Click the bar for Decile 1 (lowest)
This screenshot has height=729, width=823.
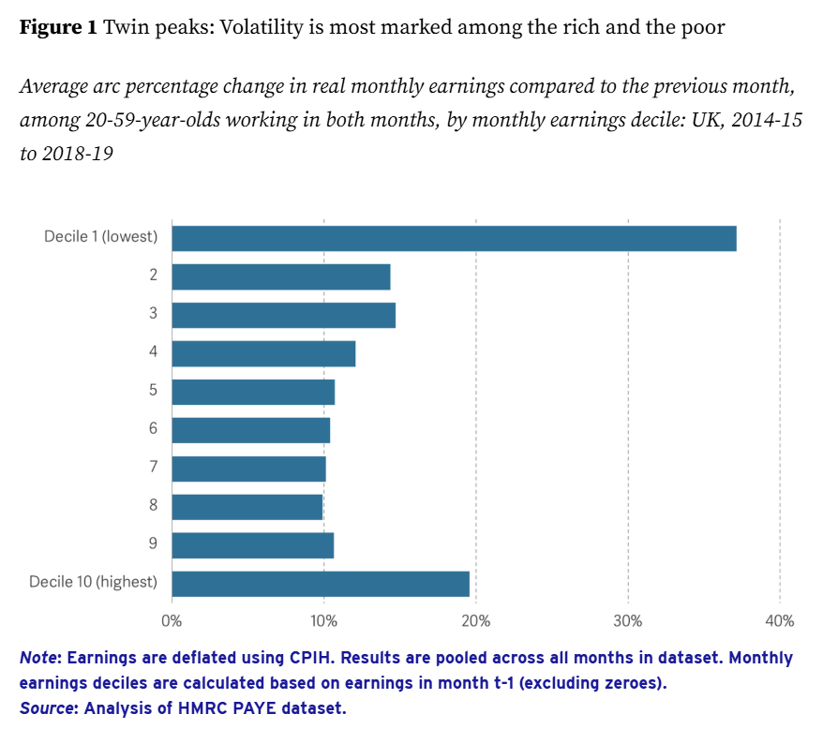(x=454, y=238)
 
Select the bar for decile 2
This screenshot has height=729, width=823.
(x=281, y=276)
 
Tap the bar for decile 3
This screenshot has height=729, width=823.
(x=283, y=315)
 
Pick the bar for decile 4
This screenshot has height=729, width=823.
(x=263, y=353)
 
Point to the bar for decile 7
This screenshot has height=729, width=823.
(x=248, y=468)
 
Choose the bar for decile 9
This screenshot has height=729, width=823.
(x=252, y=544)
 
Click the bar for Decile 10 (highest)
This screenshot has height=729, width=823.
(x=321, y=584)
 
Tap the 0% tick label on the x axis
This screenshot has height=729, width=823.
(x=172, y=620)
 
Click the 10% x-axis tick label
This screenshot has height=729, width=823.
(x=323, y=620)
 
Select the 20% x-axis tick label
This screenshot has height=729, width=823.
(x=475, y=620)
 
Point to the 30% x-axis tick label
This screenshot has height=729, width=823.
(x=627, y=620)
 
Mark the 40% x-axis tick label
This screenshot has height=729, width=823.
(x=779, y=620)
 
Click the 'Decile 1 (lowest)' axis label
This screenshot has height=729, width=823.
(x=100, y=236)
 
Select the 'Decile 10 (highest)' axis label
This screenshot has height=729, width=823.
(x=93, y=582)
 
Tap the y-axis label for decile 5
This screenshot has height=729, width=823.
(x=153, y=390)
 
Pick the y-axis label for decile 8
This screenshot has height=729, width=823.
(x=153, y=505)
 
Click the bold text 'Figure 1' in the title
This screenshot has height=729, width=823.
(x=58, y=27)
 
